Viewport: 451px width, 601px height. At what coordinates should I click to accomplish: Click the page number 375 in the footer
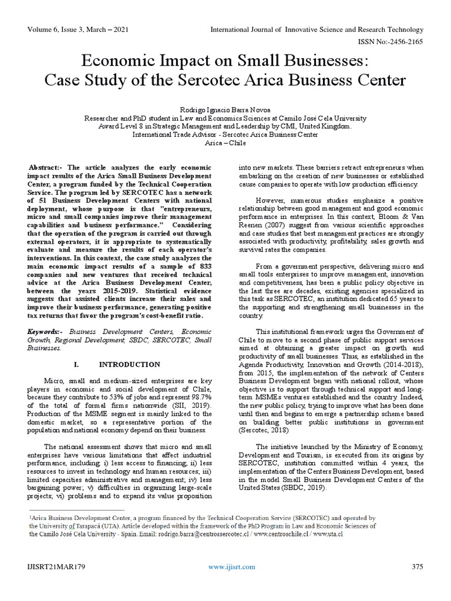pyautogui.click(x=417, y=566)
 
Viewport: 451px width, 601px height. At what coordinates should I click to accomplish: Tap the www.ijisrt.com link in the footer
pyautogui.click(x=232, y=566)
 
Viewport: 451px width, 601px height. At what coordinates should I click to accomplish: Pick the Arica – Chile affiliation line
pyautogui.click(x=225, y=143)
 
